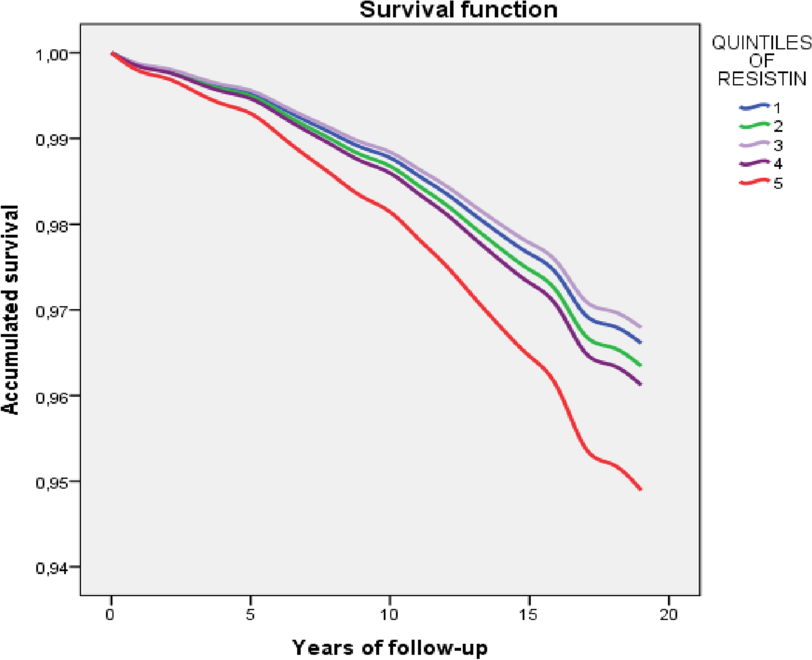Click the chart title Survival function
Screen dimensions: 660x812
(459, 10)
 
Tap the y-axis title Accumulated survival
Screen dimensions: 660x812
(10, 310)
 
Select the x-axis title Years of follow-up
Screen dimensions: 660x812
(390, 647)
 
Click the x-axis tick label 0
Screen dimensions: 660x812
(111, 614)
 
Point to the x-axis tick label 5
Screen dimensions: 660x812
(250, 614)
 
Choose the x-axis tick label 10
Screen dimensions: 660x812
(389, 614)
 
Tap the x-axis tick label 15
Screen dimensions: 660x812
(528, 614)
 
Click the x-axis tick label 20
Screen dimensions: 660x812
(668, 614)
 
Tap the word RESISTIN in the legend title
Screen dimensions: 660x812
(762, 79)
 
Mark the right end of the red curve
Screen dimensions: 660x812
(640, 489)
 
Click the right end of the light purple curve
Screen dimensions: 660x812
(640, 327)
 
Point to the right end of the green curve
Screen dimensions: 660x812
(640, 365)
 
